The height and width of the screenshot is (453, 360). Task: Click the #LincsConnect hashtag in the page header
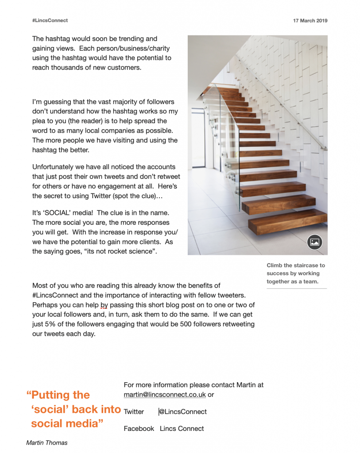50,21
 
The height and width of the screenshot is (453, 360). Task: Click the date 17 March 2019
310,21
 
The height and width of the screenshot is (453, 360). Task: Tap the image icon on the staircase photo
314,242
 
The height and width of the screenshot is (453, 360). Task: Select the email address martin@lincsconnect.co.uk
165,395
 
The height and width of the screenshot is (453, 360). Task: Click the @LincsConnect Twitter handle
183,412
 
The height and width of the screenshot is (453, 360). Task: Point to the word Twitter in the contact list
134,412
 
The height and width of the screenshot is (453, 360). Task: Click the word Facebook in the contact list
139,429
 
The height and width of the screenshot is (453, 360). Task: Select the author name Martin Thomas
47,443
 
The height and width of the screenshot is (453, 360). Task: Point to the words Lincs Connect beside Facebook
182,429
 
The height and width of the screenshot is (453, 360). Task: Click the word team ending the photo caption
309,281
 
